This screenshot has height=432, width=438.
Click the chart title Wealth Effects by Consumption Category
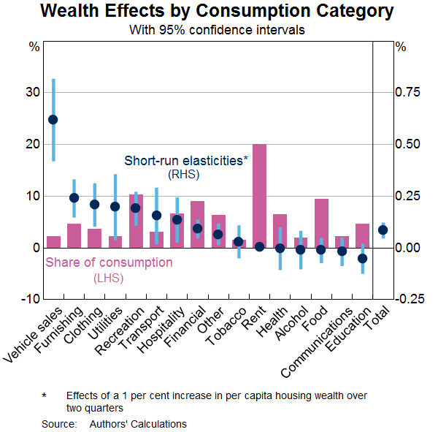(218, 12)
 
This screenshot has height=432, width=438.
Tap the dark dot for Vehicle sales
(53, 119)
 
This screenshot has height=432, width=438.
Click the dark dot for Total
(383, 230)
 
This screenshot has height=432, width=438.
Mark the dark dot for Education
(363, 258)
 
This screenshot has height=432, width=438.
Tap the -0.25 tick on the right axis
(408, 299)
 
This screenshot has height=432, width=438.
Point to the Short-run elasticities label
(186, 161)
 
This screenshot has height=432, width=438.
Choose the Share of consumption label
(109, 262)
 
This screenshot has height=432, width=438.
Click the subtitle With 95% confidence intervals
(218, 31)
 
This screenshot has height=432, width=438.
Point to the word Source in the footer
(58, 424)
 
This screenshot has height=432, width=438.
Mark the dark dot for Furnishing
(74, 197)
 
